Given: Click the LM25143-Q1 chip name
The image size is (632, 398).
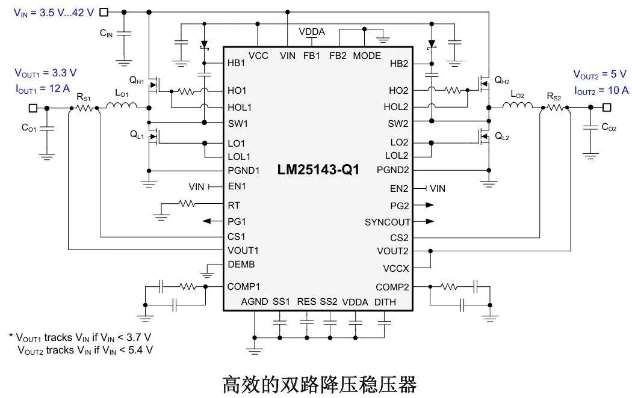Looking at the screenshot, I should (318, 170).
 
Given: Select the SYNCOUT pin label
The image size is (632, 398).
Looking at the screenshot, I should (387, 222).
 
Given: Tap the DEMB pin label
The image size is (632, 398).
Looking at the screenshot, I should (241, 265).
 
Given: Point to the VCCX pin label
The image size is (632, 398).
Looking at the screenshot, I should (395, 268).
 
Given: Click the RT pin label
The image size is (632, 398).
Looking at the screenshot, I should (234, 205).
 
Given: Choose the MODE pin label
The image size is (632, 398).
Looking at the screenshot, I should (367, 55).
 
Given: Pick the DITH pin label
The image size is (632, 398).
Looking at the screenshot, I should (385, 302).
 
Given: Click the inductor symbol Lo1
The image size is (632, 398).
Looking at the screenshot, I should (122, 108).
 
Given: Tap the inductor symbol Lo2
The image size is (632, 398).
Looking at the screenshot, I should (517, 108).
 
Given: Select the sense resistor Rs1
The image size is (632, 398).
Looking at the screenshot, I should (85, 108).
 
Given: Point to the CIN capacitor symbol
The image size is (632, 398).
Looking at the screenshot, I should (124, 34).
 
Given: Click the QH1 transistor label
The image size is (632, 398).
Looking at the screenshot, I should (137, 79).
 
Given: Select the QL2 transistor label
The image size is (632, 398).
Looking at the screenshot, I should (502, 137).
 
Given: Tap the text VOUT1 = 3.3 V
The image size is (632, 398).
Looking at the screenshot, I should (46, 73).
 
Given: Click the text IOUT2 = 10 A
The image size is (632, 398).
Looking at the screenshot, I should (601, 90).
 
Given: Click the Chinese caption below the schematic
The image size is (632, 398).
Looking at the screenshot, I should (319, 384).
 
